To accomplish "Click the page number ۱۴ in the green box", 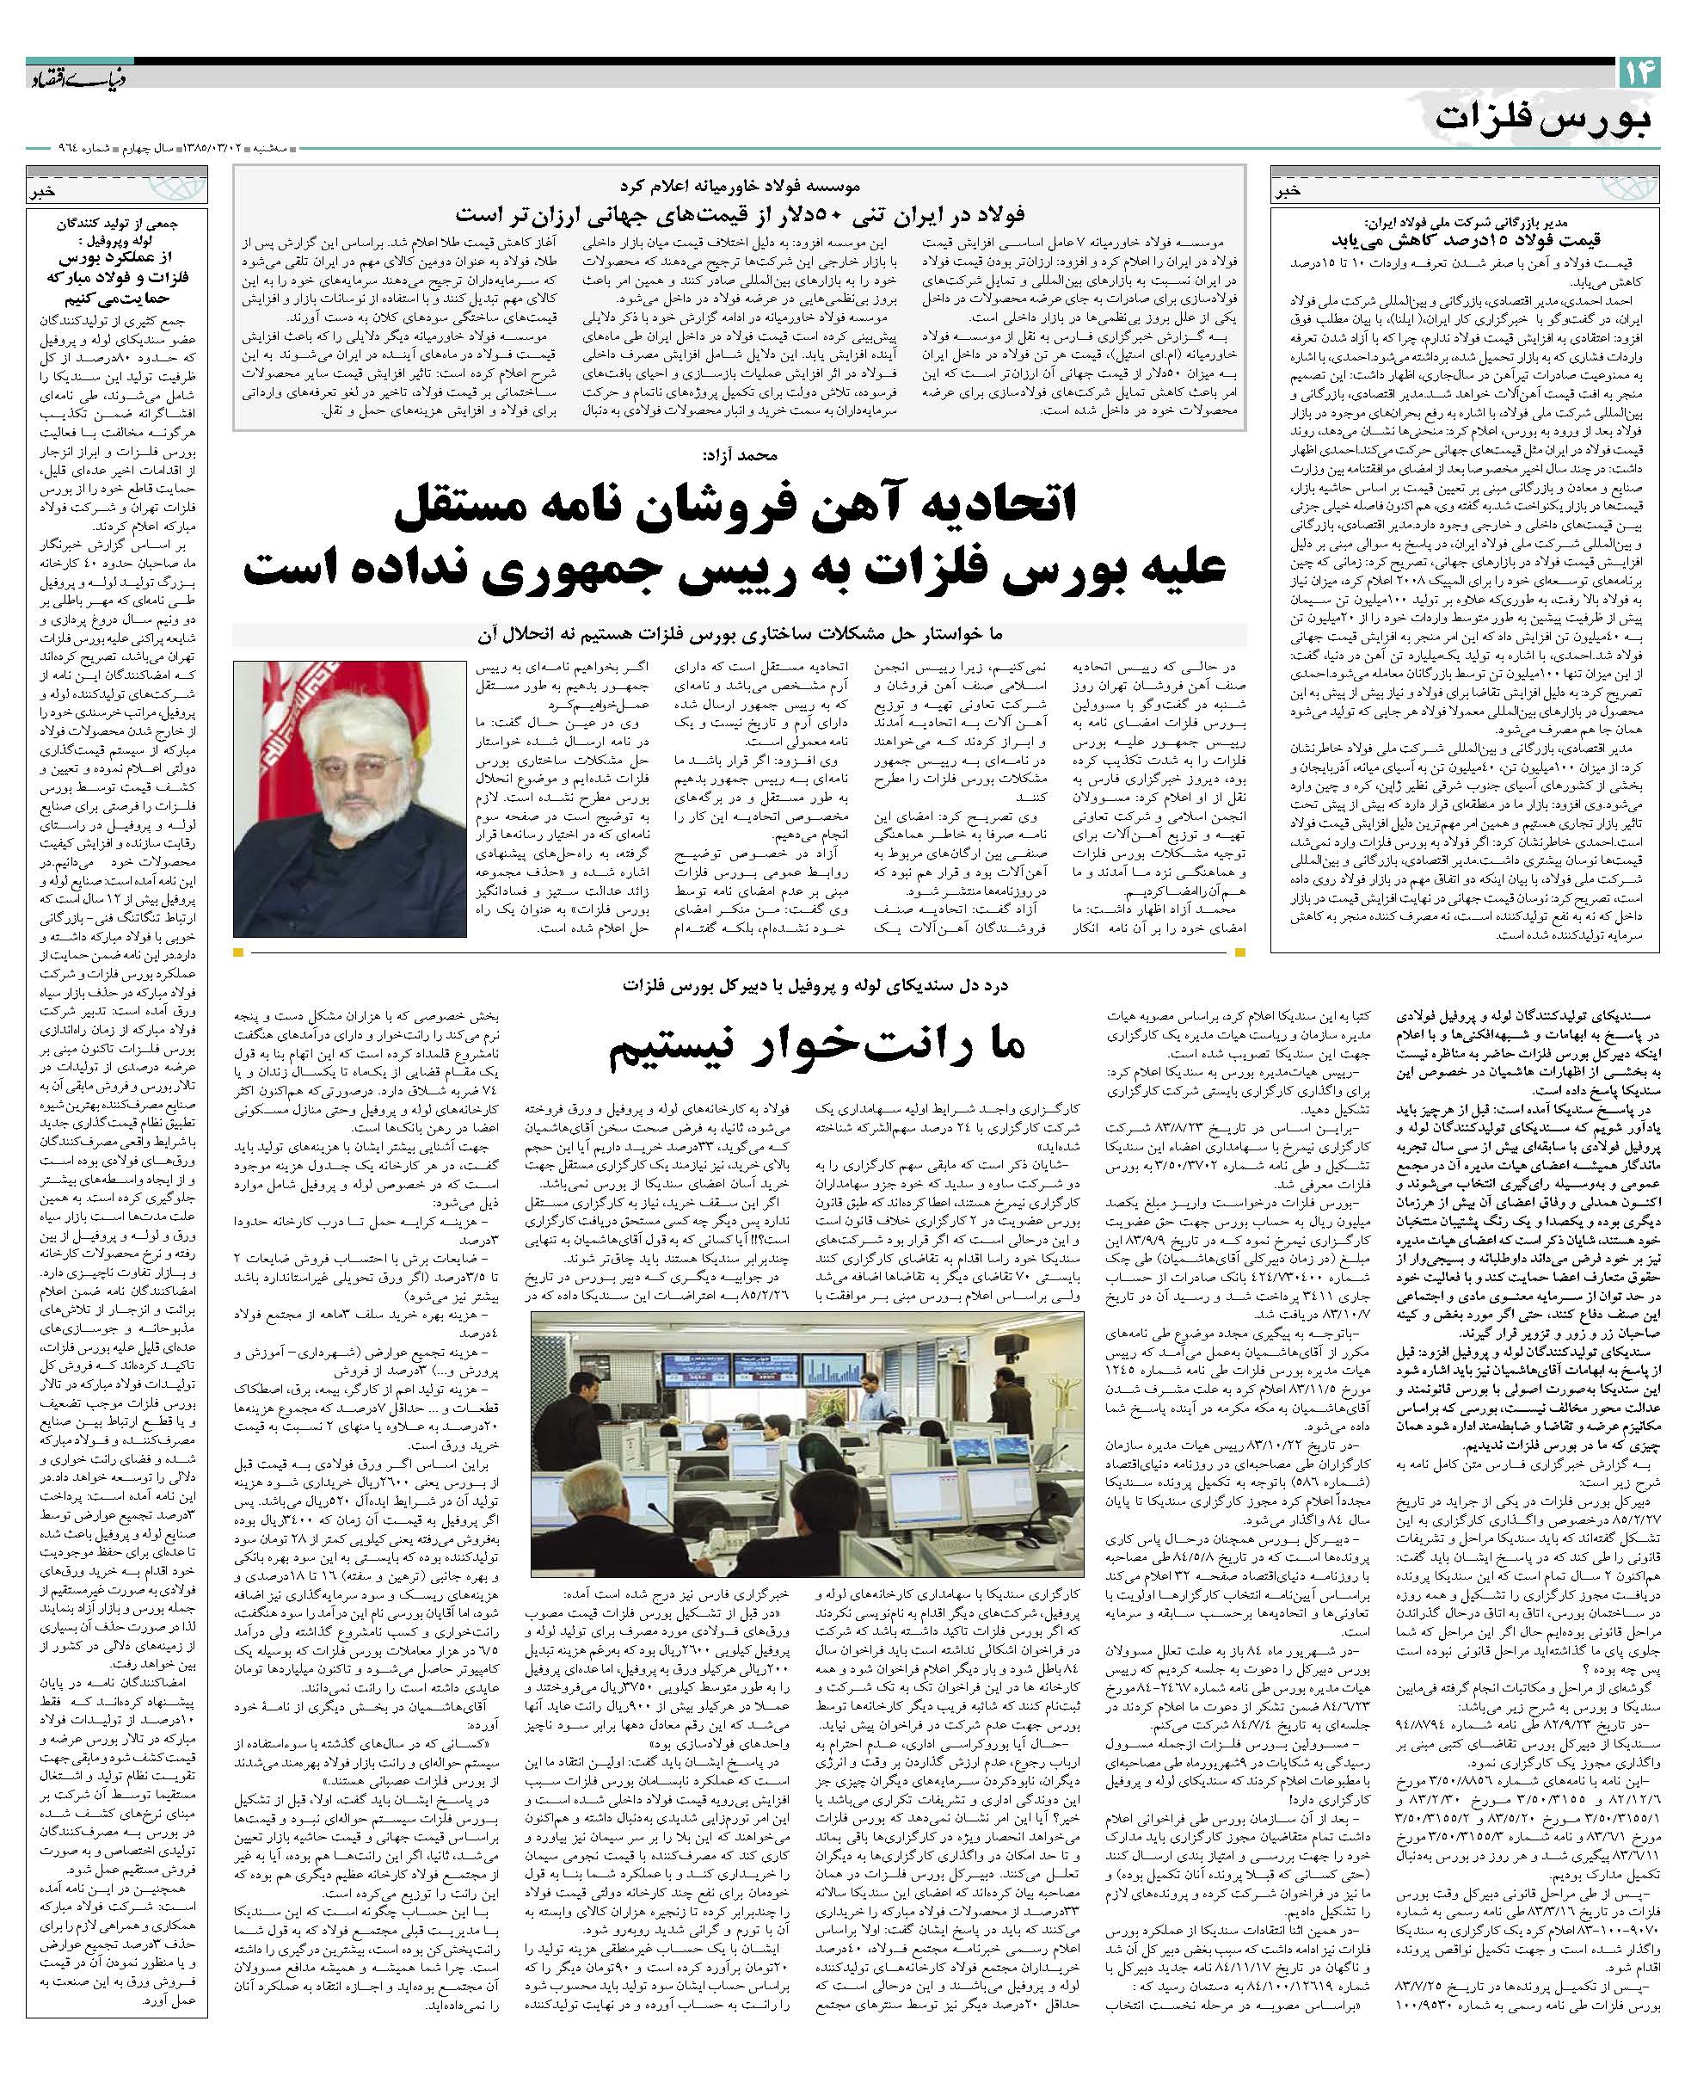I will click(1639, 71).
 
